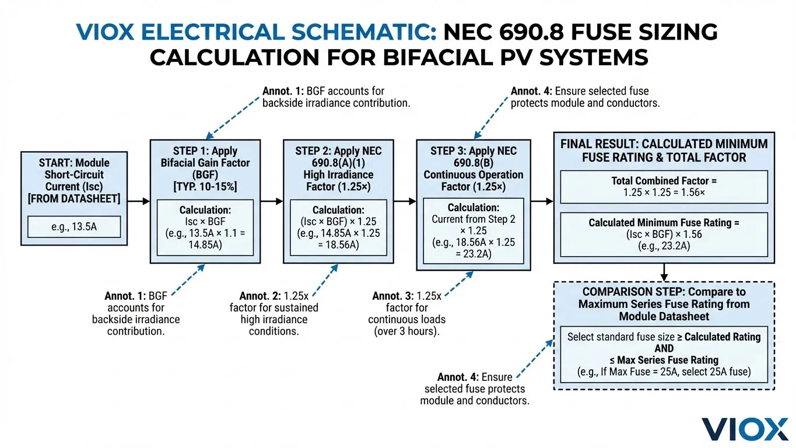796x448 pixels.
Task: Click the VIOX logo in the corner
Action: [x=745, y=429]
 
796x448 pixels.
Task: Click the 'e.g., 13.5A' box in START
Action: [x=74, y=226]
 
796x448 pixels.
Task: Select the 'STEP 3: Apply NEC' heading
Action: [x=473, y=150]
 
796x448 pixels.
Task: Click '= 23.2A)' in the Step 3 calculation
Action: [x=473, y=254]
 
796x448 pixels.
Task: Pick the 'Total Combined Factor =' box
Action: [x=664, y=186]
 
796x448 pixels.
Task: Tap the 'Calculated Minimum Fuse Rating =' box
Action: [x=664, y=234]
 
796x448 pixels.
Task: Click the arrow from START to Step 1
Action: [x=138, y=201]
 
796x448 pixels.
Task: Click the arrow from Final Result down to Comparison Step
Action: [x=664, y=272]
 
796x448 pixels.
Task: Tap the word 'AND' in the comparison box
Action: [x=664, y=348]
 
